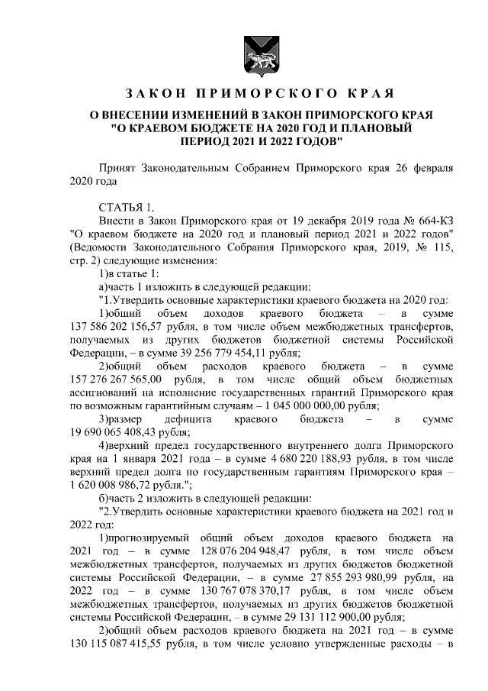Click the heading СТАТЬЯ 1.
coord(127,207)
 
